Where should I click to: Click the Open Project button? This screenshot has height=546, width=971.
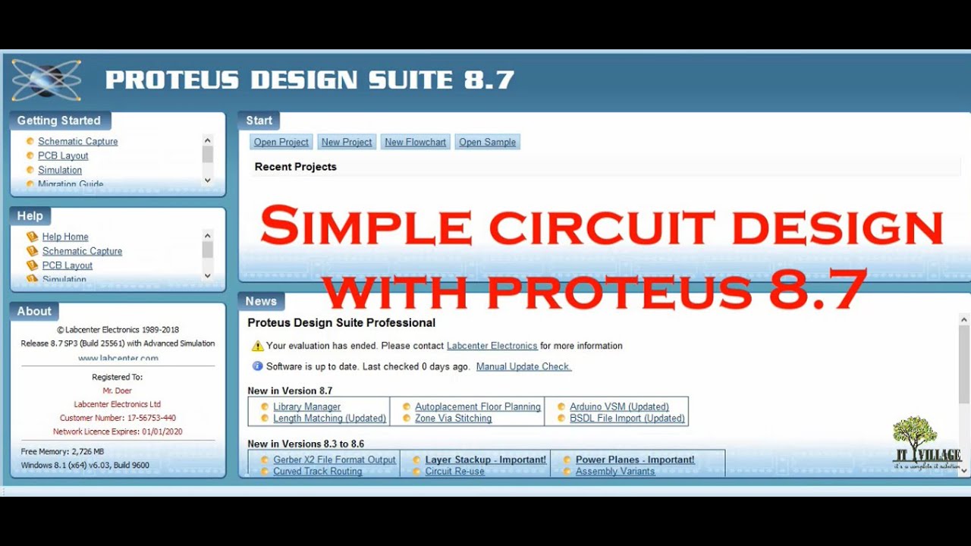click(x=281, y=142)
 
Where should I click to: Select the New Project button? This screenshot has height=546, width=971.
click(x=347, y=142)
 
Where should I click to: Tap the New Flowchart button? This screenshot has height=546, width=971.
click(x=415, y=142)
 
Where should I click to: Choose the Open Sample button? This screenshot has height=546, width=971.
click(x=487, y=142)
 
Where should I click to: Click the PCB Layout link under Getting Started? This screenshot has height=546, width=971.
click(x=63, y=155)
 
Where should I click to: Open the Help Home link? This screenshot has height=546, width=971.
click(x=65, y=237)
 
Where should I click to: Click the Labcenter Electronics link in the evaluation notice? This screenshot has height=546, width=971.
click(x=492, y=346)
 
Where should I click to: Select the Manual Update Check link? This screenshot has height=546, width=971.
click(x=523, y=366)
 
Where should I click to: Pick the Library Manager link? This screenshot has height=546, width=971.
click(x=306, y=407)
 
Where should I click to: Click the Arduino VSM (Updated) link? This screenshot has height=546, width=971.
click(x=619, y=407)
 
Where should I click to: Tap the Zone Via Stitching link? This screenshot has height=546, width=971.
click(x=453, y=419)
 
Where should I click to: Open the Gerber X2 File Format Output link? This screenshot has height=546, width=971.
click(x=335, y=460)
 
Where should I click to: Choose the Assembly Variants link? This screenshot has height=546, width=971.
click(x=614, y=472)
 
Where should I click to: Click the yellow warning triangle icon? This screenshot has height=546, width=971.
click(x=257, y=346)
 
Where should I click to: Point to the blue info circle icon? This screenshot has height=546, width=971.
click(x=257, y=366)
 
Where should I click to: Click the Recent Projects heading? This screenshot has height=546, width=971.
click(x=295, y=167)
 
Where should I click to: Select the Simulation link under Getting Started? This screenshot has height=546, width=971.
click(x=60, y=170)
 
